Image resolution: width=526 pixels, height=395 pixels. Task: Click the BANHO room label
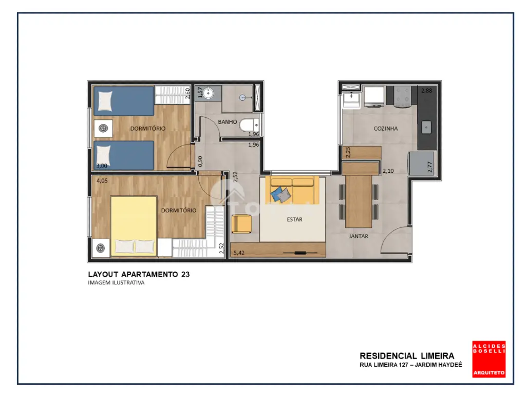[228, 122]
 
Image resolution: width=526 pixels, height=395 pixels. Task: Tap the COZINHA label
[385, 128]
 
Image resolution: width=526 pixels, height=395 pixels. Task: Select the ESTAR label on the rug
[294, 219]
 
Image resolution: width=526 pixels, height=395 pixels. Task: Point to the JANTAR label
[358, 236]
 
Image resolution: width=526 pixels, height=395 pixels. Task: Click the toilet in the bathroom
[250, 125]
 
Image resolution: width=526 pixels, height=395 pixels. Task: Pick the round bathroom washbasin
[209, 93]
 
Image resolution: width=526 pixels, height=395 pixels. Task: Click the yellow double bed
[134, 226]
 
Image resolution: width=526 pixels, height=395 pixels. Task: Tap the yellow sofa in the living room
[292, 190]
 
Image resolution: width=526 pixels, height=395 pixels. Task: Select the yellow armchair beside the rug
[241, 224]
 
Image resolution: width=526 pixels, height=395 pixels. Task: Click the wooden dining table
[359, 201]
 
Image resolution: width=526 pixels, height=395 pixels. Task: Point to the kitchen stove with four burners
[402, 97]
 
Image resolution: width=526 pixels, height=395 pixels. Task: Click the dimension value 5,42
[239, 253]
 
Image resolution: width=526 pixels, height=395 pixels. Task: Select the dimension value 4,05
[102, 181]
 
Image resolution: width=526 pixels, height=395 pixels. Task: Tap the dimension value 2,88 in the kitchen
[427, 91]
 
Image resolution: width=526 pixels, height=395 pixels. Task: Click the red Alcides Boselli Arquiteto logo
[489, 360]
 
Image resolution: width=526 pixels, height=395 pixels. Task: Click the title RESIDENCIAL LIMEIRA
[407, 356]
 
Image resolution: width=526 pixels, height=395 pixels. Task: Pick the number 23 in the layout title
[185, 275]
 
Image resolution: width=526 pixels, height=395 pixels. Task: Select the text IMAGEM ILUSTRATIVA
[116, 283]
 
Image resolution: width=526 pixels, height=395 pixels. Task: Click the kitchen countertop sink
[426, 128]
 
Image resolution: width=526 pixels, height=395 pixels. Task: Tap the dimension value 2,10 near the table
[388, 171]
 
